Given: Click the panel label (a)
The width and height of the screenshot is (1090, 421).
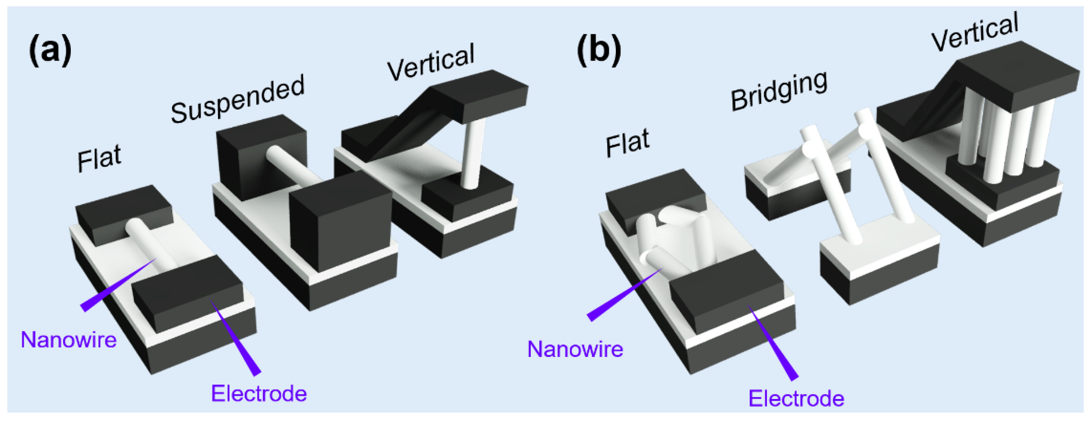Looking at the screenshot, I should [50, 51].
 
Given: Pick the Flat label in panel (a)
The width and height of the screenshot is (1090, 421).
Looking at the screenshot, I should [99, 158].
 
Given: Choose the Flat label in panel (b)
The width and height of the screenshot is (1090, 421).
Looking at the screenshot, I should [627, 143].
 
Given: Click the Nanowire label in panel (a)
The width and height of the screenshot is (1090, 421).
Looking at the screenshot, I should [69, 339].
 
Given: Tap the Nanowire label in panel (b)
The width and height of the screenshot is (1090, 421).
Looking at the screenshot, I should [575, 349].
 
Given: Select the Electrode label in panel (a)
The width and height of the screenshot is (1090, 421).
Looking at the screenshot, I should [259, 393].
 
